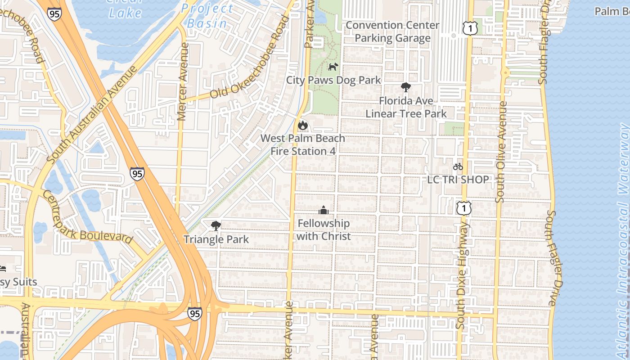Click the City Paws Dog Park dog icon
(333, 67)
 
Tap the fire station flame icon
(302, 125)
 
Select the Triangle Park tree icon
(216, 226)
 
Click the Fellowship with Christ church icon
(323, 210)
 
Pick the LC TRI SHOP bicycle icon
(458, 166)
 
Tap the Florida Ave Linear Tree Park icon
(405, 87)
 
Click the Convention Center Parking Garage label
(392, 31)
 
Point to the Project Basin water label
(207, 16)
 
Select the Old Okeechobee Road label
(250, 58)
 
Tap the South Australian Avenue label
(92, 115)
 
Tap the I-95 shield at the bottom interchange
(194, 313)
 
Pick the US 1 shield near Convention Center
(469, 29)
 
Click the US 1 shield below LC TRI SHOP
(463, 208)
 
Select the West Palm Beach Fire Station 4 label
(303, 144)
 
